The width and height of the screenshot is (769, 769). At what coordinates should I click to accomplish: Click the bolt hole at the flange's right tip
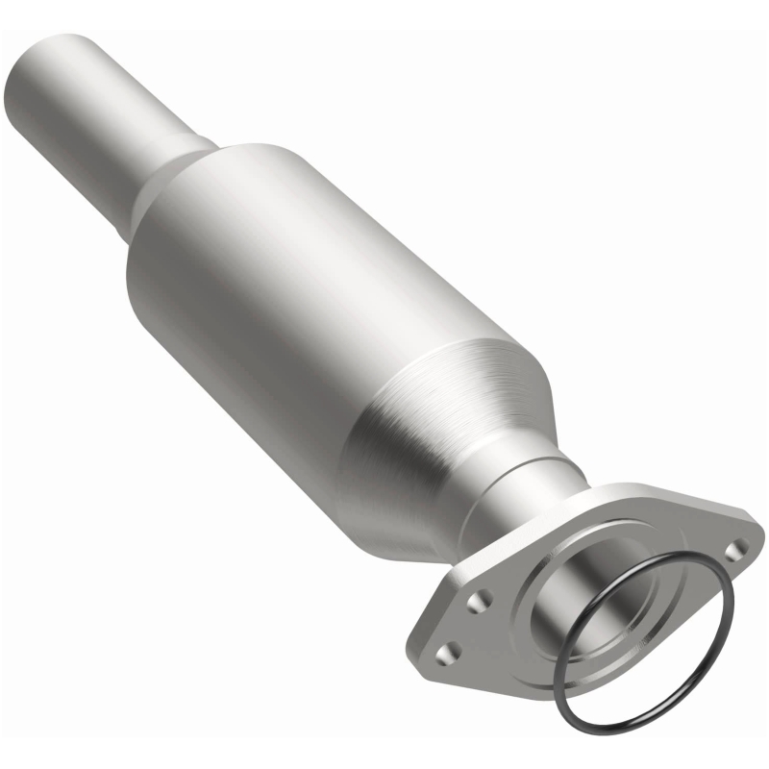[737, 550]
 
